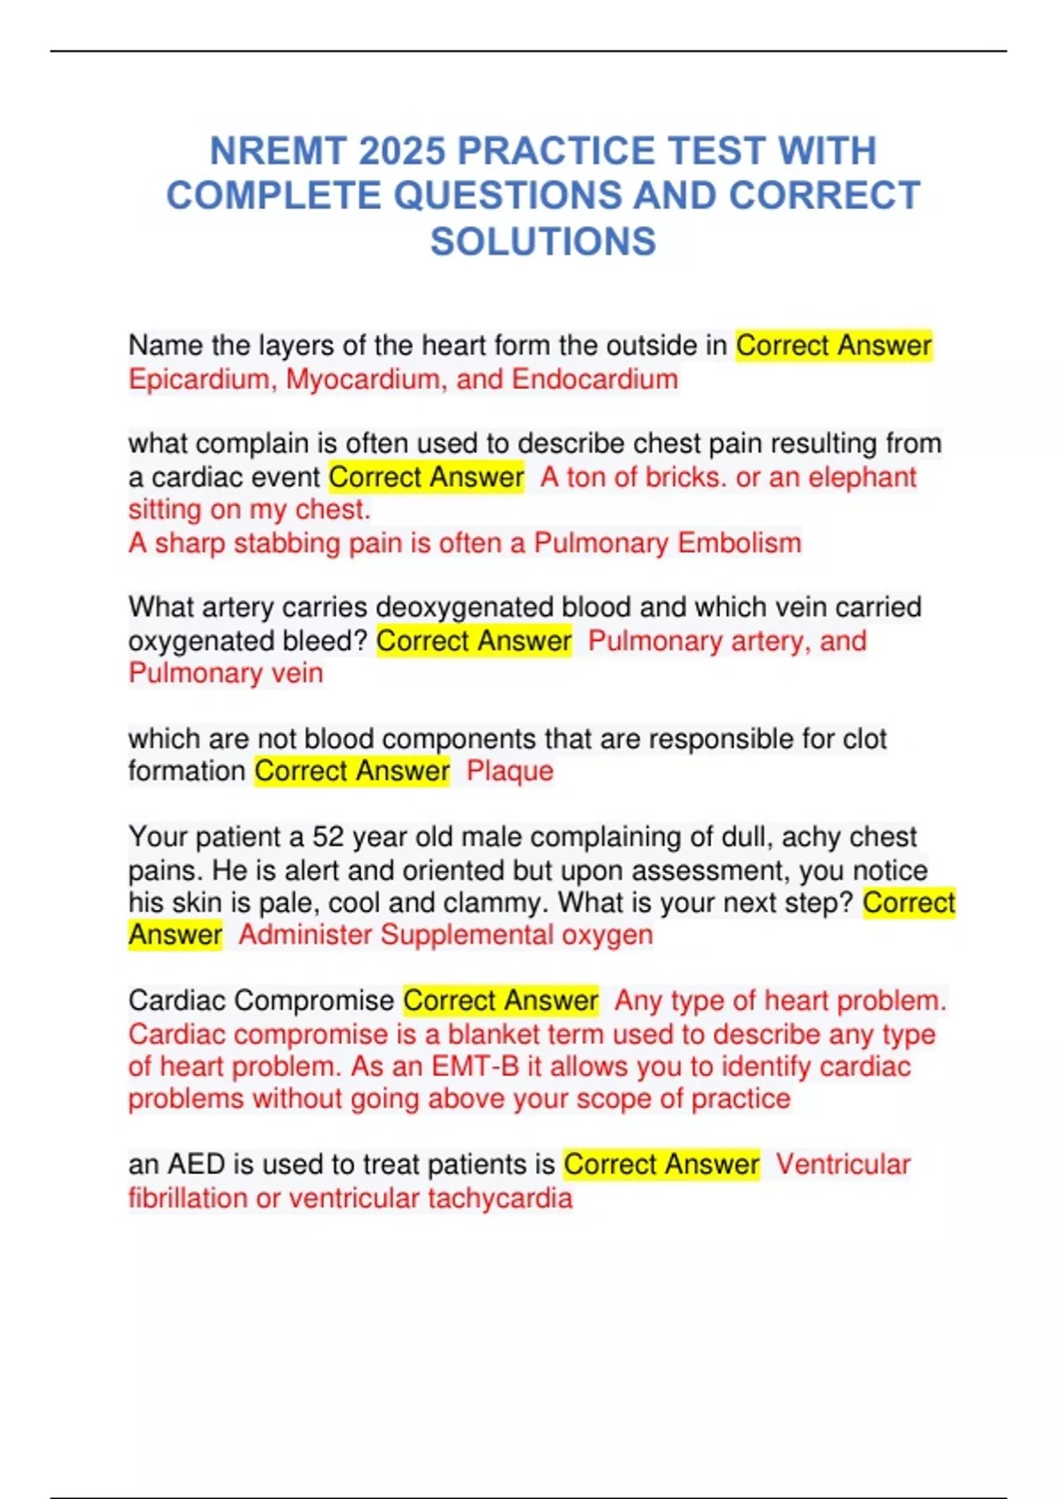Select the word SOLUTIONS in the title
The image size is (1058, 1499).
pyautogui.click(x=543, y=242)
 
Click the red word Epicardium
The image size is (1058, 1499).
pyautogui.click(x=202, y=379)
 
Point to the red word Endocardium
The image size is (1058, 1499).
pyautogui.click(x=594, y=379)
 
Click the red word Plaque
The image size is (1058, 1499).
pyautogui.click(x=510, y=772)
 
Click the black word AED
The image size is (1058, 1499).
pyautogui.click(x=197, y=1165)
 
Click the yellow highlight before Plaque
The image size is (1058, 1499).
pyautogui.click(x=352, y=772)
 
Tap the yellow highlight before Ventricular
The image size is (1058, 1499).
pyautogui.click(x=661, y=1165)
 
